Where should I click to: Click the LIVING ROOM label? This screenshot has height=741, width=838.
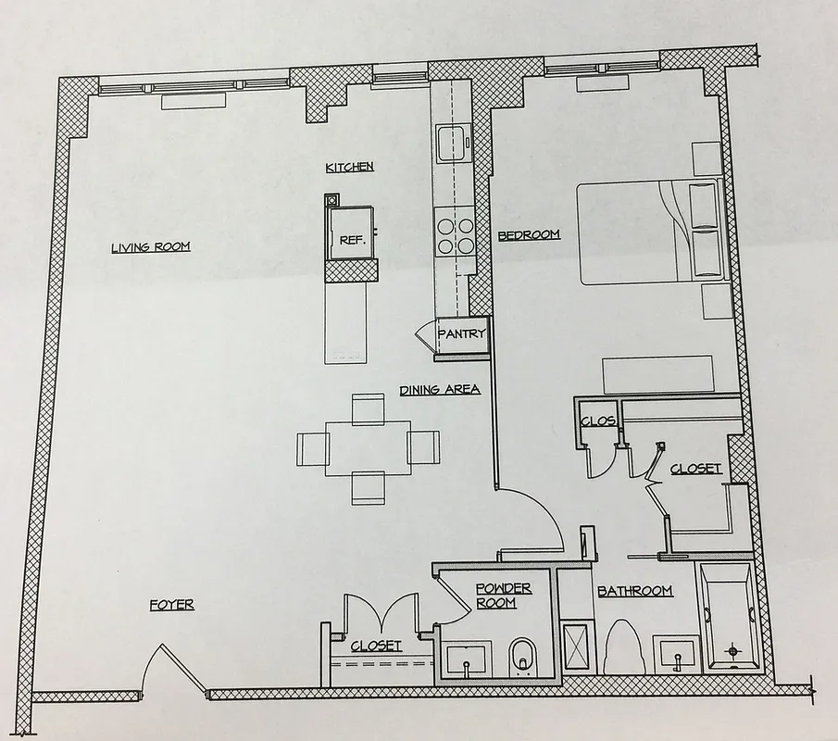pyautogui.click(x=150, y=247)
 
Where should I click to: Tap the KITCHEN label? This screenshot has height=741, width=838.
pyautogui.click(x=349, y=167)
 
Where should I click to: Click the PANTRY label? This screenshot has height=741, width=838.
pyautogui.click(x=461, y=334)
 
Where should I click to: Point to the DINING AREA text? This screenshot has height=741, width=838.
pyautogui.click(x=440, y=390)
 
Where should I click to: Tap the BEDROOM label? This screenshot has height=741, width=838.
pyautogui.click(x=529, y=235)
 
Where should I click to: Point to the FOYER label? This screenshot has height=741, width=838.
pyautogui.click(x=172, y=606)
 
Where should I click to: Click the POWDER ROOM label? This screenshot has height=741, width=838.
pyautogui.click(x=503, y=596)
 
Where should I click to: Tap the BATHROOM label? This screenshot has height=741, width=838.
pyautogui.click(x=634, y=591)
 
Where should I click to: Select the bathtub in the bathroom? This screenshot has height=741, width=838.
pyautogui.click(x=729, y=614)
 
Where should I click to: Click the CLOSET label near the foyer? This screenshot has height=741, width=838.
pyautogui.click(x=376, y=646)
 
